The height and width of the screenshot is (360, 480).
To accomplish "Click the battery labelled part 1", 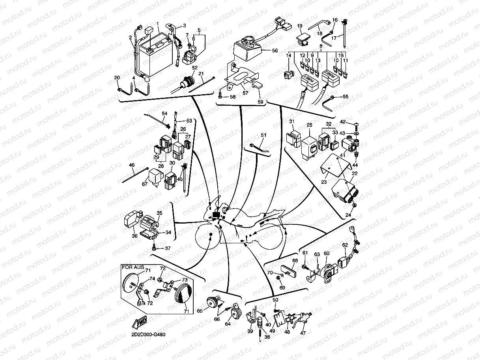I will click(155, 59).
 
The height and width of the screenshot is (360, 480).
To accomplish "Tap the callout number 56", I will click(275, 50).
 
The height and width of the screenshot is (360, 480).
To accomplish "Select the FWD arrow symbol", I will click(140, 323).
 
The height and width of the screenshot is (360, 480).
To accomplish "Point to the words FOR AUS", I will click(131, 267).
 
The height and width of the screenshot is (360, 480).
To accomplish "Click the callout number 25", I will click(310, 125).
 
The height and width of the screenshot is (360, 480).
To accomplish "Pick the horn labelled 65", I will click(213, 302).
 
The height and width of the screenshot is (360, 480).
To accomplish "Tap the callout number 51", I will click(263, 135).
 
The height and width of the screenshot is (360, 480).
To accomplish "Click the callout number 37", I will click(168, 248).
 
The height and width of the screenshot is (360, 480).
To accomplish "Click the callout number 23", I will click(324, 182).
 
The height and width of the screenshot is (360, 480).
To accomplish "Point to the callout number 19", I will click(299, 26).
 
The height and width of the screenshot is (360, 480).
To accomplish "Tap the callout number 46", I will click(132, 165).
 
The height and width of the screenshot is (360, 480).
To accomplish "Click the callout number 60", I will click(326, 253).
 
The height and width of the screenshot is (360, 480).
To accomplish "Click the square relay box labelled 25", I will click(310, 144).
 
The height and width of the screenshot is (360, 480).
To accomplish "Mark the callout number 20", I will click(117, 78).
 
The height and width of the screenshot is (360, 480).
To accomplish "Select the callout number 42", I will click(343, 122).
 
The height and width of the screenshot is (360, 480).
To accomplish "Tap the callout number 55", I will click(346, 96).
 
